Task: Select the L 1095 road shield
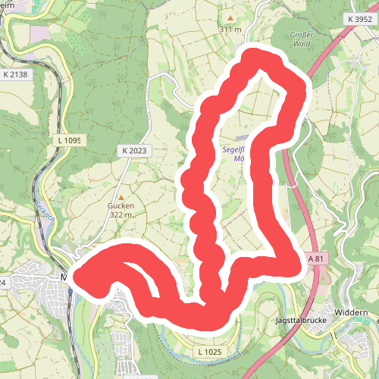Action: pos(68,140)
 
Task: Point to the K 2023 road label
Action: pos(133,151)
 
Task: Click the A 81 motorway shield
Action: pos(319,258)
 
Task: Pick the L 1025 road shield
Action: pos(208,352)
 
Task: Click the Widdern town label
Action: pos(354,312)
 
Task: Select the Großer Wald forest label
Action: pos(306,39)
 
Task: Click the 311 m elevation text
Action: pos(230,29)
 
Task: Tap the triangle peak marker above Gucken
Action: pos(120,196)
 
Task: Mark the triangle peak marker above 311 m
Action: pos(230,18)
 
